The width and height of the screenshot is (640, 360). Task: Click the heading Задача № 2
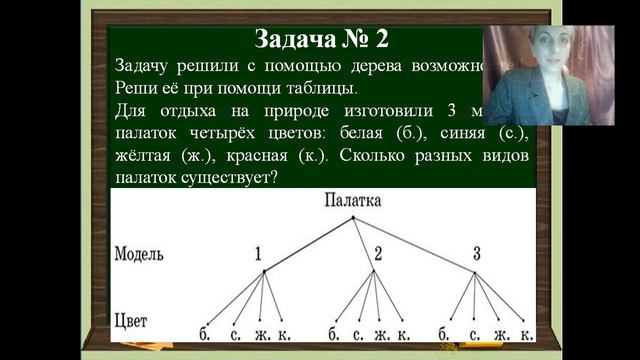320,39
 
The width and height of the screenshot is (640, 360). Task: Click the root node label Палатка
352,201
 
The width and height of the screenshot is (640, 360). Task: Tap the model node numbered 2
378,253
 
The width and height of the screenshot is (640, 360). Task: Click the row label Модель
144,254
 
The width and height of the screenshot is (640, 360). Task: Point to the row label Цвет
132,321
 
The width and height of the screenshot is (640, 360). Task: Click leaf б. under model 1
204,333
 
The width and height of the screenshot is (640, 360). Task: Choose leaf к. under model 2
405,333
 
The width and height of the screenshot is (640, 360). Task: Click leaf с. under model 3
473,333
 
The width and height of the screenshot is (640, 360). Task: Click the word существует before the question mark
229,178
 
